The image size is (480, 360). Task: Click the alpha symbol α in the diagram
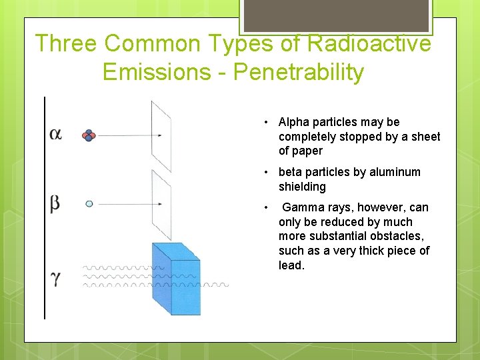point(56,134)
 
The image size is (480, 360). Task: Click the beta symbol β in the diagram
point(55,203)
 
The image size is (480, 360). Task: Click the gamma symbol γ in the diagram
point(56,277)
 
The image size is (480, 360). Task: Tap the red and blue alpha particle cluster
point(89,135)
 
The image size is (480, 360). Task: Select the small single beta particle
point(89,203)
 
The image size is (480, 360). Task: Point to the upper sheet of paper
point(161,136)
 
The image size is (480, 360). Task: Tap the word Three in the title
point(66,43)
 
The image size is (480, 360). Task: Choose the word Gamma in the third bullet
point(301,207)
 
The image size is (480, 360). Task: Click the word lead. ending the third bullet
point(291,265)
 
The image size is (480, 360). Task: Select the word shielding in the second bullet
point(302,187)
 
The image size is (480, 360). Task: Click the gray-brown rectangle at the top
point(335,15)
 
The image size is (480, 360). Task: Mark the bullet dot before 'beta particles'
point(265,172)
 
